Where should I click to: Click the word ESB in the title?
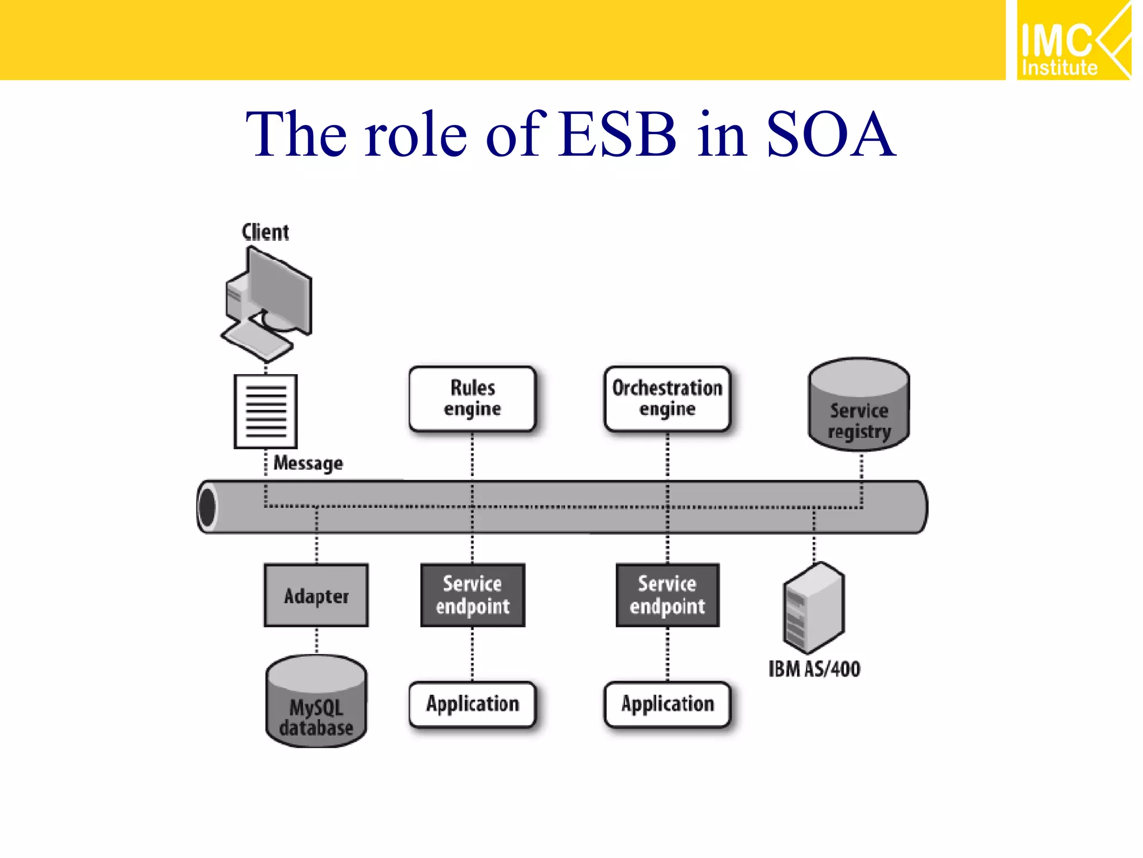[x=617, y=135]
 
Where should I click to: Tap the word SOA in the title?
[x=830, y=135]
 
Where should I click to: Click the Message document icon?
[x=266, y=411]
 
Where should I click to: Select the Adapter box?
[x=316, y=595]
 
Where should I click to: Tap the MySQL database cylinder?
[x=316, y=702]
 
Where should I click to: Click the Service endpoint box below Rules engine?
[x=472, y=595]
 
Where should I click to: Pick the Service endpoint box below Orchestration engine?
[x=667, y=595]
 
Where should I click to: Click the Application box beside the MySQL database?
[x=472, y=704]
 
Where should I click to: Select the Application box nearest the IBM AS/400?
[x=667, y=704]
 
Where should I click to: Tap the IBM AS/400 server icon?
[x=814, y=608]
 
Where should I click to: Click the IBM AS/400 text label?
[x=814, y=669]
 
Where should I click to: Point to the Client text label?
[x=265, y=232]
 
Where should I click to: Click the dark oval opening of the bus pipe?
[x=208, y=507]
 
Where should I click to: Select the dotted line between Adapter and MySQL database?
[x=316, y=641]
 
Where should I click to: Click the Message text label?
[x=308, y=464]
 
